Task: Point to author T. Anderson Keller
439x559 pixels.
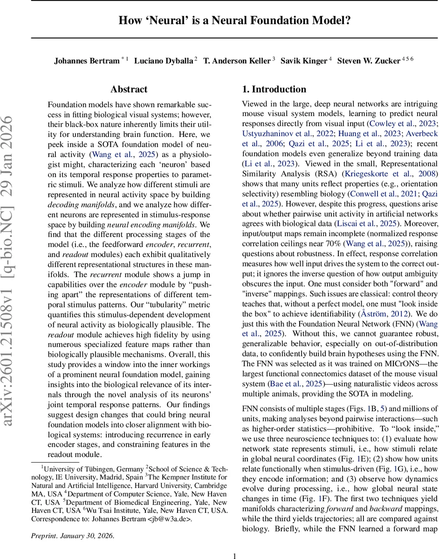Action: pos(237,61)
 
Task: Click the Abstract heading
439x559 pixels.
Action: pos(129,89)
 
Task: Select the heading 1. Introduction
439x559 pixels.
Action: pos(274,89)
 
